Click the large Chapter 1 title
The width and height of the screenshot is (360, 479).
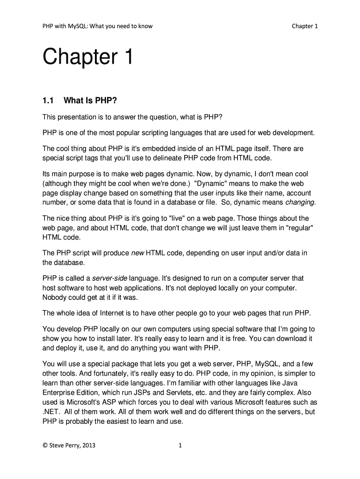point(88,58)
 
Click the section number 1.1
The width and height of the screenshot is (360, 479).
point(49,100)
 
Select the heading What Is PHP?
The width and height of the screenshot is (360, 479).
point(87,100)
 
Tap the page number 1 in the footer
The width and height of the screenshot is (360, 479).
point(180,445)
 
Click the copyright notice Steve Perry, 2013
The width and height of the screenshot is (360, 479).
point(69,445)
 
